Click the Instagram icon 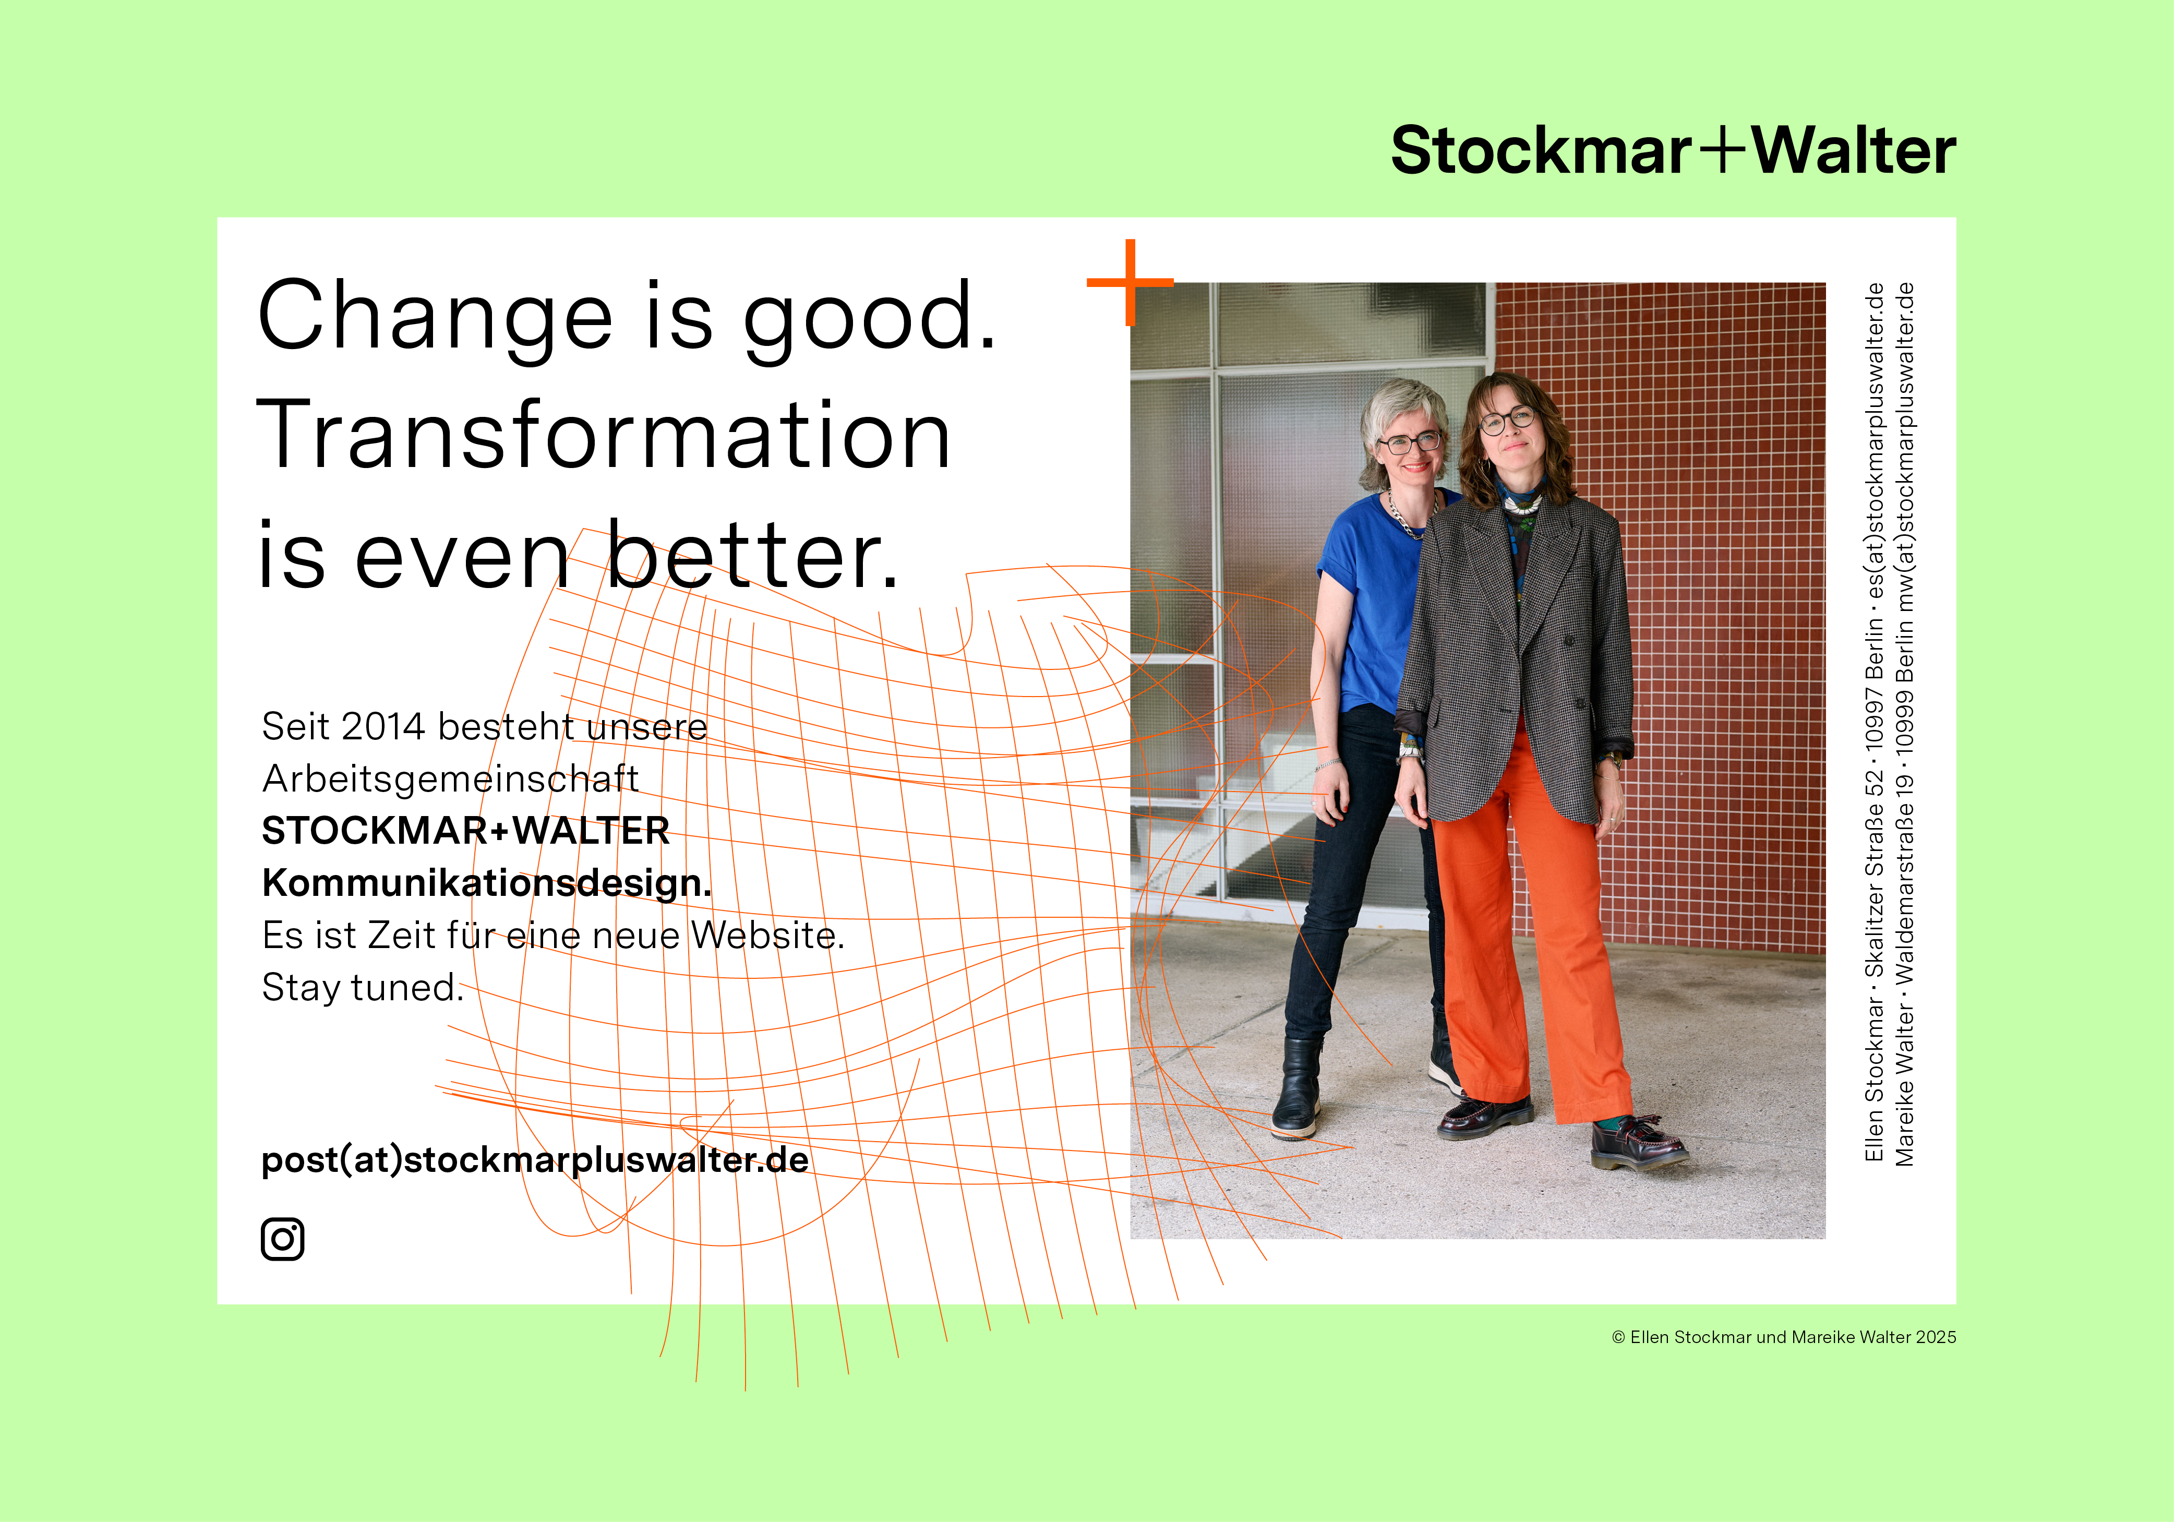click(x=282, y=1239)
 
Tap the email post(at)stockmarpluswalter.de click(x=535, y=1160)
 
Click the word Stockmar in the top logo click(x=1541, y=151)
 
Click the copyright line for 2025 click(x=1784, y=1337)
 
